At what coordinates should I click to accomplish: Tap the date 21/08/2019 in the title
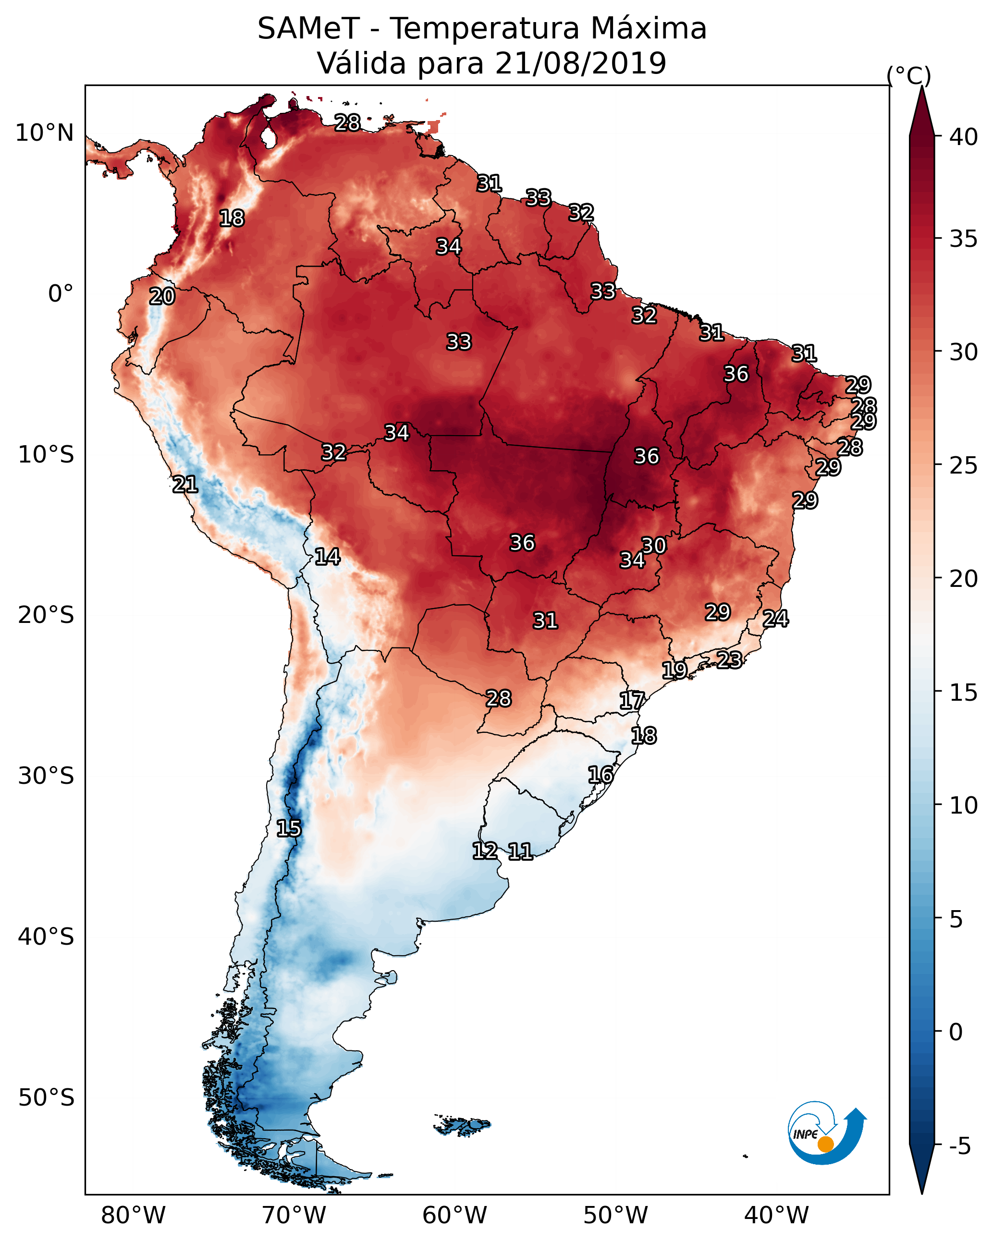[x=580, y=63]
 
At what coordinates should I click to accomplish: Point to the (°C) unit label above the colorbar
[x=908, y=75]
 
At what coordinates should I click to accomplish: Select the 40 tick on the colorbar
[x=963, y=137]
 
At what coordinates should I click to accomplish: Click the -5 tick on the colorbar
[x=959, y=1146]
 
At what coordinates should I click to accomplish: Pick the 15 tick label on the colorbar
[x=963, y=693]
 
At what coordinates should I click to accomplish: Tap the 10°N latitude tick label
[x=44, y=133]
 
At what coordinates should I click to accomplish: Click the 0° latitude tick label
[x=61, y=294]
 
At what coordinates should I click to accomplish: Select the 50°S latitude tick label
[x=46, y=1098]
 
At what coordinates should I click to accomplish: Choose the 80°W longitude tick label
[x=133, y=1216]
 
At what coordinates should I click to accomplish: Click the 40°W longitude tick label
[x=776, y=1216]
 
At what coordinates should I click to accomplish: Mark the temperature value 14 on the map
[x=327, y=557]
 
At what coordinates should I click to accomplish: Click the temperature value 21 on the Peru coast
[x=185, y=485]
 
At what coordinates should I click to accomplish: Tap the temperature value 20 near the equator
[x=162, y=297]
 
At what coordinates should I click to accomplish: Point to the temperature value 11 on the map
[x=520, y=852]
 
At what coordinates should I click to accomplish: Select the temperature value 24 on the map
[x=775, y=619]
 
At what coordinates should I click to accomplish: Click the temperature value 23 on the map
[x=729, y=659]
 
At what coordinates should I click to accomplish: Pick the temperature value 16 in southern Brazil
[x=601, y=775]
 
